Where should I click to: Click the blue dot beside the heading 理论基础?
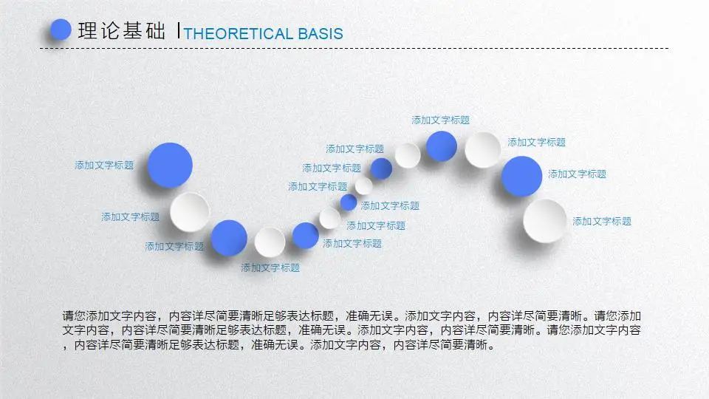tap(61, 30)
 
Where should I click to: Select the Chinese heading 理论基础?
tap(122, 31)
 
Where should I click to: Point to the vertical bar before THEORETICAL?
tap(179, 30)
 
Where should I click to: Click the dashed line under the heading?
tap(354, 48)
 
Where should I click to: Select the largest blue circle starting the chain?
tap(170, 165)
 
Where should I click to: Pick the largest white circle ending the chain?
tap(545, 221)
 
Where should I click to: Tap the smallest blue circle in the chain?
tap(349, 202)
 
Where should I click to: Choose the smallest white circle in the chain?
tap(363, 185)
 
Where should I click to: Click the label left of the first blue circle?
tap(104, 165)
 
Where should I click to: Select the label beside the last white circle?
tap(602, 221)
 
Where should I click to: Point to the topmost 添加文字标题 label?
tap(440, 120)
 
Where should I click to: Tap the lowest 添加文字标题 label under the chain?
tap(270, 267)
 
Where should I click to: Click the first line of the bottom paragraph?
tap(352, 316)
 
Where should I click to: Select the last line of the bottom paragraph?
tap(278, 345)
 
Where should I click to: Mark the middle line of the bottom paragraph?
tap(352, 330)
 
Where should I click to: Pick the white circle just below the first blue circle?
tap(190, 212)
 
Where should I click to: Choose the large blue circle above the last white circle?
tap(521, 177)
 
